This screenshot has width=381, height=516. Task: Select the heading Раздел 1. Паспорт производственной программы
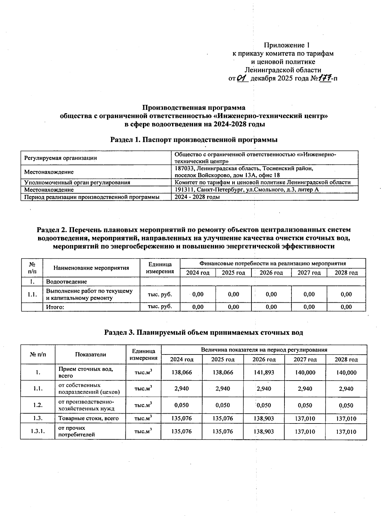point(194,140)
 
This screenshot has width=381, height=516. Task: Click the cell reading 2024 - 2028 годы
point(197,197)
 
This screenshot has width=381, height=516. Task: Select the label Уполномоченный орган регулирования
point(77,182)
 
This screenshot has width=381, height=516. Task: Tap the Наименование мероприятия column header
point(91,268)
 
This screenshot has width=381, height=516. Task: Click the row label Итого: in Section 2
point(55,307)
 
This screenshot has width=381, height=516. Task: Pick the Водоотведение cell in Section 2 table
point(66,282)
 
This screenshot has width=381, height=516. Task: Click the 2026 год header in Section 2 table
point(271,273)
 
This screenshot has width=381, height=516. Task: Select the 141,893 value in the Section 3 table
point(264,372)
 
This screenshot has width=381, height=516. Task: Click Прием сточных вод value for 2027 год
point(305,372)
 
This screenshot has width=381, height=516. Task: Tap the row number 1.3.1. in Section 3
point(38,431)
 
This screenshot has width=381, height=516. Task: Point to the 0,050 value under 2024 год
point(182,405)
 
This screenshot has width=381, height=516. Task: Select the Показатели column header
point(90,354)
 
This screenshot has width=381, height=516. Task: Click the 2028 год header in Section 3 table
point(346,360)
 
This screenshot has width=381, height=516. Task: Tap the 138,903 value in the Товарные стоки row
point(264,418)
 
